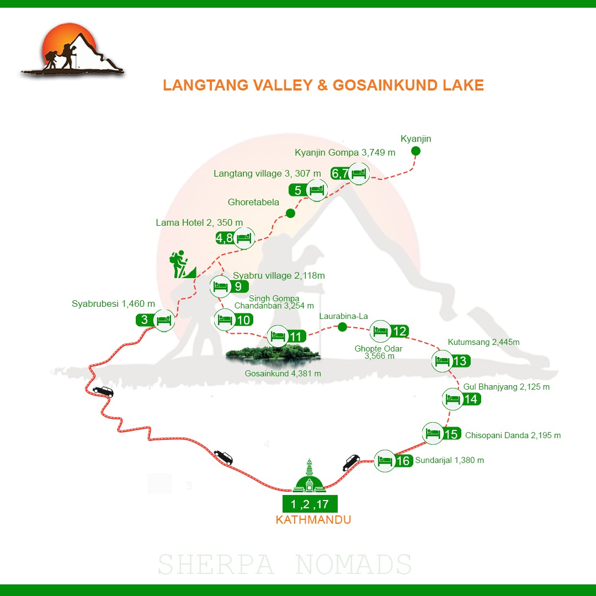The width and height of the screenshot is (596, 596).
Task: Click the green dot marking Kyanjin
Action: click(416, 151)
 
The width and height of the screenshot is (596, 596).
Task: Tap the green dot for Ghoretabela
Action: click(290, 213)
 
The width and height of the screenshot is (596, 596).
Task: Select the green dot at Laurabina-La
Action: click(342, 327)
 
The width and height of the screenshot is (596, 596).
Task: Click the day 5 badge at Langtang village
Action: click(298, 190)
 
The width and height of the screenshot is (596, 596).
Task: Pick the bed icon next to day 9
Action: click(220, 286)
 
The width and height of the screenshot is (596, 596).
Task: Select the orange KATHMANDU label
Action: click(313, 520)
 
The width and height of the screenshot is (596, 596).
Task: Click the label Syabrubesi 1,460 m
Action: click(113, 304)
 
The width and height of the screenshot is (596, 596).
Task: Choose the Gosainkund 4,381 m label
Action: click(283, 374)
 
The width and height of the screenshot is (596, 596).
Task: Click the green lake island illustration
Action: click(273, 353)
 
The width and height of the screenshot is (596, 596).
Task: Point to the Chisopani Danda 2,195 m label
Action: click(513, 435)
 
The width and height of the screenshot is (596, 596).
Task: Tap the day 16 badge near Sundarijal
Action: click(403, 460)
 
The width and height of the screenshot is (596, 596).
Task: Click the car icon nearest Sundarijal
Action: click(351, 462)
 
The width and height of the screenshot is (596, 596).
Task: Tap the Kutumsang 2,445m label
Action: click(483, 342)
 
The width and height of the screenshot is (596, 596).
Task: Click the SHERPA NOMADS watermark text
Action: click(285, 565)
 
